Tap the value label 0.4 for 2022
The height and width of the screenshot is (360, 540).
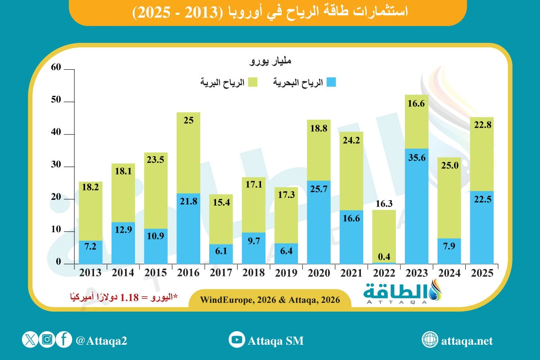(x=384, y=256)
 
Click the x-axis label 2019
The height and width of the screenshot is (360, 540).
(x=286, y=273)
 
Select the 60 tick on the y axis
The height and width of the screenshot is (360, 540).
(x=56, y=67)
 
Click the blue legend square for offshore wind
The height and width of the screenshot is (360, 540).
(x=331, y=82)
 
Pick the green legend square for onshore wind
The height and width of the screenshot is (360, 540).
(x=252, y=82)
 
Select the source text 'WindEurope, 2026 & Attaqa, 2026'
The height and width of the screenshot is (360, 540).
(x=270, y=299)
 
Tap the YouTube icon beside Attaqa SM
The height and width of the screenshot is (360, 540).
(x=237, y=340)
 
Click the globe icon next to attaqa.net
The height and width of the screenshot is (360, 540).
(x=430, y=340)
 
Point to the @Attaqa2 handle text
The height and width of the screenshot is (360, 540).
(x=101, y=341)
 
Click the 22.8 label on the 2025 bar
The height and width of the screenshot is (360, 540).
(x=482, y=126)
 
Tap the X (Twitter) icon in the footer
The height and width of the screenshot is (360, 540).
(x=29, y=340)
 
